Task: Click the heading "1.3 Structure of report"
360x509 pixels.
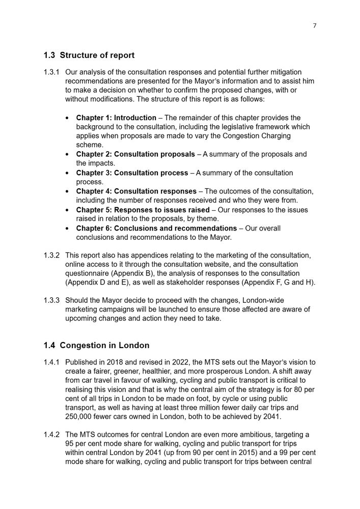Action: click(x=89, y=55)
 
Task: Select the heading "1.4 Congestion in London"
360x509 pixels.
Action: click(x=96, y=345)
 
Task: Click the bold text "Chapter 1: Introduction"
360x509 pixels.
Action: click(x=116, y=118)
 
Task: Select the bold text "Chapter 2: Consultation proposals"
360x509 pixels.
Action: click(x=135, y=154)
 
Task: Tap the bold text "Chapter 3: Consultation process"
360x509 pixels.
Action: click(x=132, y=173)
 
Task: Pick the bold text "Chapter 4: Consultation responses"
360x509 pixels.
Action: click(x=136, y=191)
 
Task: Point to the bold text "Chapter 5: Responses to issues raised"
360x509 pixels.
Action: click(x=143, y=210)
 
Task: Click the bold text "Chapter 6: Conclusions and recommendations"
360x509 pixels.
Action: click(x=156, y=228)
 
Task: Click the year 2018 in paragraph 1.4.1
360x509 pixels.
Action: click(x=114, y=362)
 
